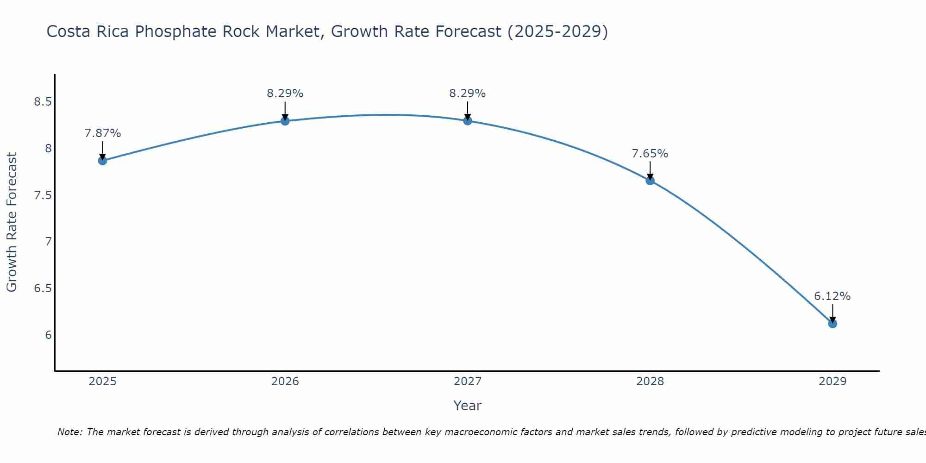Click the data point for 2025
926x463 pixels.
102,161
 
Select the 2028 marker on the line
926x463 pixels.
650,181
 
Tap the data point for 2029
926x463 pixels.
832,324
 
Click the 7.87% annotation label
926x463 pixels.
103,133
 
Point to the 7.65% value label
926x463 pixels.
650,154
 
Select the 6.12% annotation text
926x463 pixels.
832,296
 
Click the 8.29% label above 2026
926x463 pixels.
285,94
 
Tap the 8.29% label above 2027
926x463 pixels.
468,94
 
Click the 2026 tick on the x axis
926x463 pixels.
285,382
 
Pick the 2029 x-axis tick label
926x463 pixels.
832,382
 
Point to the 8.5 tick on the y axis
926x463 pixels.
43,102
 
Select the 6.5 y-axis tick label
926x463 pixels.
43,288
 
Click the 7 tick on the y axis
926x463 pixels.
48,242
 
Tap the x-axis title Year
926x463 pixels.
468,406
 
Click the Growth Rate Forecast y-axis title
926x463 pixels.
12,222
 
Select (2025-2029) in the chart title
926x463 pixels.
557,31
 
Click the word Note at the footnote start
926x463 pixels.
69,432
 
